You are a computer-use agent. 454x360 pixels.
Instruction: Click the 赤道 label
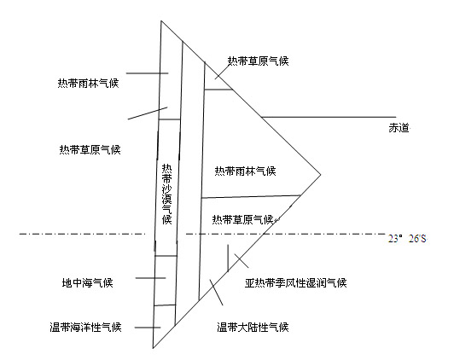(x=399, y=128)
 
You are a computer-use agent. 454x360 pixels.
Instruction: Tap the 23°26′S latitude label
(x=407, y=239)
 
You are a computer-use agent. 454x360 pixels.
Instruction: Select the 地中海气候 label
(x=87, y=282)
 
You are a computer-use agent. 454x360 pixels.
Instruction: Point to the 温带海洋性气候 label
(x=85, y=328)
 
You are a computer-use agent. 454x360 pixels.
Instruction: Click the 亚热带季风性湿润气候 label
(x=295, y=282)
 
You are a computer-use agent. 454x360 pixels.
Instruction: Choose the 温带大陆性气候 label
(x=253, y=328)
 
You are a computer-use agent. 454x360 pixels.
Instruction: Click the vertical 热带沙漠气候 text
(x=166, y=195)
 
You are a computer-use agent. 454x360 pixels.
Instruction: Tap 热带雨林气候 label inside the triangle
(x=245, y=171)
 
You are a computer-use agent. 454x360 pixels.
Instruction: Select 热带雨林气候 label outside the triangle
(x=88, y=84)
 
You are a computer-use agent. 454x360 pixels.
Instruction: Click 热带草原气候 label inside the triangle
(x=242, y=219)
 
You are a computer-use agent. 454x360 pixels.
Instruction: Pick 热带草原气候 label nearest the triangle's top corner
(x=258, y=61)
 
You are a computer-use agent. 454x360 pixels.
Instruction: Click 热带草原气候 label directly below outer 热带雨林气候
(x=90, y=149)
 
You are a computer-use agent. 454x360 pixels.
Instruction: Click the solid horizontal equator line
(x=329, y=117)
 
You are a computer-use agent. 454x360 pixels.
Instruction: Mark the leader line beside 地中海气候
(x=150, y=278)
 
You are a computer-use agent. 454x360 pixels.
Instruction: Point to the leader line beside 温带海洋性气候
(x=148, y=328)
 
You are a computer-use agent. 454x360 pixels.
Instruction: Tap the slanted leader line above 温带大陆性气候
(x=216, y=293)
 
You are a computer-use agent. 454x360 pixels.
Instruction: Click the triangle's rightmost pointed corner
(x=321, y=175)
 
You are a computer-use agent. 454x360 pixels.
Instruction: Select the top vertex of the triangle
(x=161, y=20)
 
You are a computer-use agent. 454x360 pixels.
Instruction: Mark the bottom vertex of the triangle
(x=153, y=348)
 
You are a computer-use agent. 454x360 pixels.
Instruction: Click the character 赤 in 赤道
(x=393, y=128)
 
